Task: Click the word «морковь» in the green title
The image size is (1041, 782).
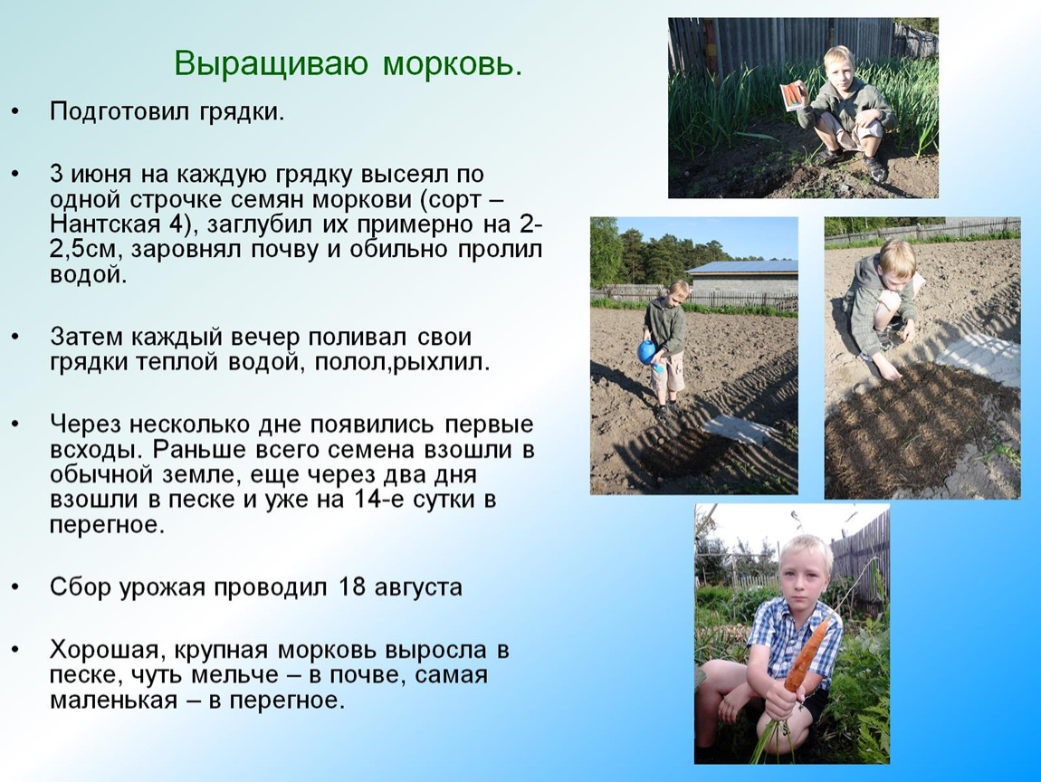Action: pos(452,64)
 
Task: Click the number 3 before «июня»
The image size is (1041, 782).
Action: pos(56,174)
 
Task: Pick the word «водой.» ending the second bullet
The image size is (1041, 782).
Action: pos(89,275)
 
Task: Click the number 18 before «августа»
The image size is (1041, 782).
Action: pos(352,587)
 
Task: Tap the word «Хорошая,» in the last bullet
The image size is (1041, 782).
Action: pos(103,649)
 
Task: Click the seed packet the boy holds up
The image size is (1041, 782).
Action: pos(794,94)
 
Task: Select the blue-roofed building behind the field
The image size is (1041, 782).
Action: pos(742,278)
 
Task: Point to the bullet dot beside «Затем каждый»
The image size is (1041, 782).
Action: pos(15,338)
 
